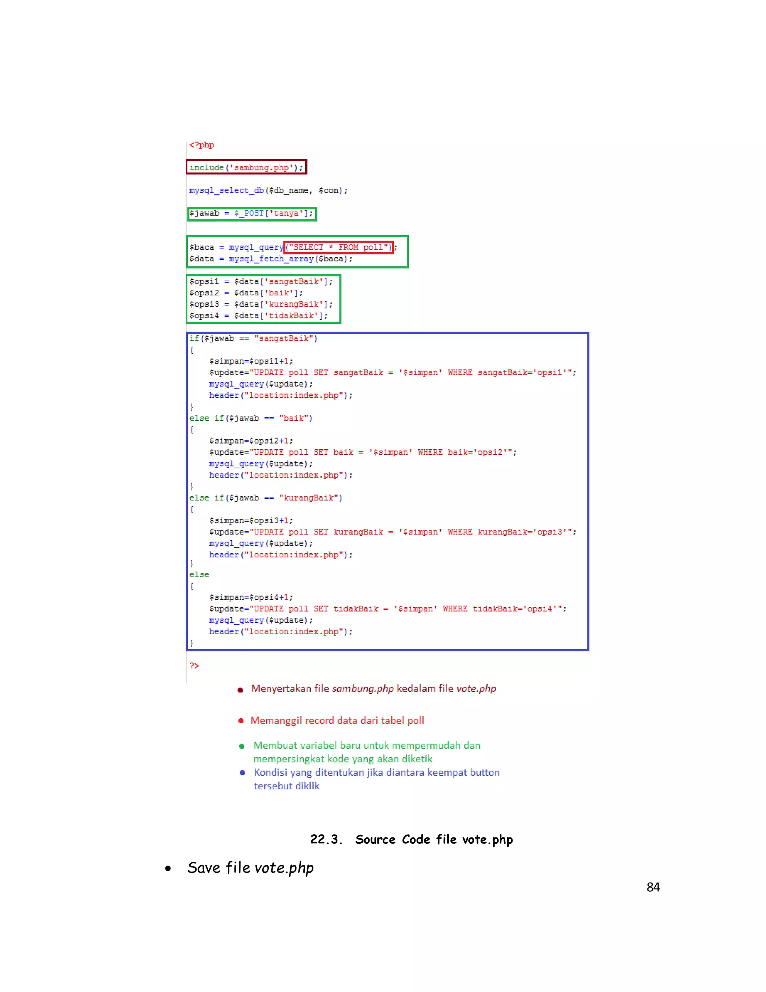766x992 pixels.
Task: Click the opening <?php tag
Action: (202, 145)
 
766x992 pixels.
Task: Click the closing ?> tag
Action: (194, 666)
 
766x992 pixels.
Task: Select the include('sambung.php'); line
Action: (246, 168)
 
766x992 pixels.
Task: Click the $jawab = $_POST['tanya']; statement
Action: (251, 213)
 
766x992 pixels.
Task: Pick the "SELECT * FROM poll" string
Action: (338, 247)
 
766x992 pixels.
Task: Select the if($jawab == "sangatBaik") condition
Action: (253, 338)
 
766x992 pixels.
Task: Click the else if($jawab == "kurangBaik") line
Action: (266, 498)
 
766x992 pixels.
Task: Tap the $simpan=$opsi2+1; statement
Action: (251, 441)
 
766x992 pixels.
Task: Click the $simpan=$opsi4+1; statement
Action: (251, 598)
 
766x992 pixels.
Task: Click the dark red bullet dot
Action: (240, 690)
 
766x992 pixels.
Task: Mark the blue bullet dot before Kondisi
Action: (242, 773)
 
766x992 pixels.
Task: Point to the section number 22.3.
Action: (326, 839)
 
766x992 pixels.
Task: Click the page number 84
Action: (653, 887)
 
